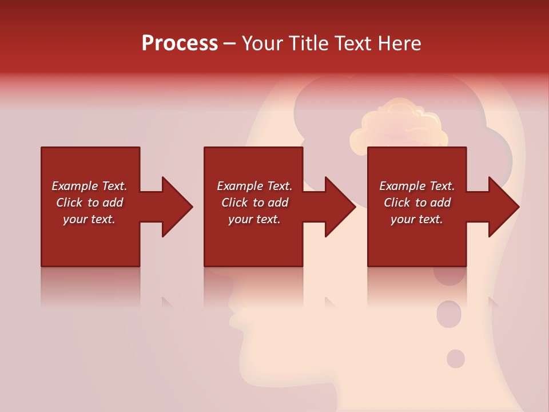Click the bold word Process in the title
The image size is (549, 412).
click(180, 43)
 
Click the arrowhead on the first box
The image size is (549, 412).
click(174, 207)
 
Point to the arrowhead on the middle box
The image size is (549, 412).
click(338, 207)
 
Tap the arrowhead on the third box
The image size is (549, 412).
click(501, 207)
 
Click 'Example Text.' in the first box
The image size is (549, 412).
click(89, 186)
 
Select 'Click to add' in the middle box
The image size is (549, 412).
click(254, 203)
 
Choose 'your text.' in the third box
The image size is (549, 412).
click(416, 219)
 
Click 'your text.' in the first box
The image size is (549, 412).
click(89, 219)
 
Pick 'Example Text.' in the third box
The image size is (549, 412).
click(416, 186)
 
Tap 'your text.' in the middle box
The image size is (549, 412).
click(254, 219)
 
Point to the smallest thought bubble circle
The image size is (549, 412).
click(456, 359)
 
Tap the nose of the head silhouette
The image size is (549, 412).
click(236, 318)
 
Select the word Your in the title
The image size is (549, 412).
click(263, 43)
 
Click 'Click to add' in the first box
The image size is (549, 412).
click(89, 203)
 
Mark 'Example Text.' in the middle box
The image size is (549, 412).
click(254, 186)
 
